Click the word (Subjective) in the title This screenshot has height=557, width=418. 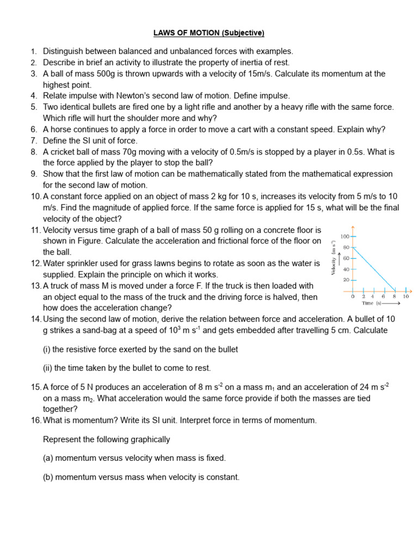[242, 33]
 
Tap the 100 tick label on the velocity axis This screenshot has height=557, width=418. [344, 237]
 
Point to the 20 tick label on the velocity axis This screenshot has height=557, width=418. [346, 280]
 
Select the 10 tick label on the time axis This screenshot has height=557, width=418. [405, 296]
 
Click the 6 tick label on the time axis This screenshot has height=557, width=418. [384, 296]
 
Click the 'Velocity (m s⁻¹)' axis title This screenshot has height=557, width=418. [334, 258]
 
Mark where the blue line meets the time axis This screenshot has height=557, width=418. [395, 290]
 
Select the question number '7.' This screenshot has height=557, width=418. [34, 140]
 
